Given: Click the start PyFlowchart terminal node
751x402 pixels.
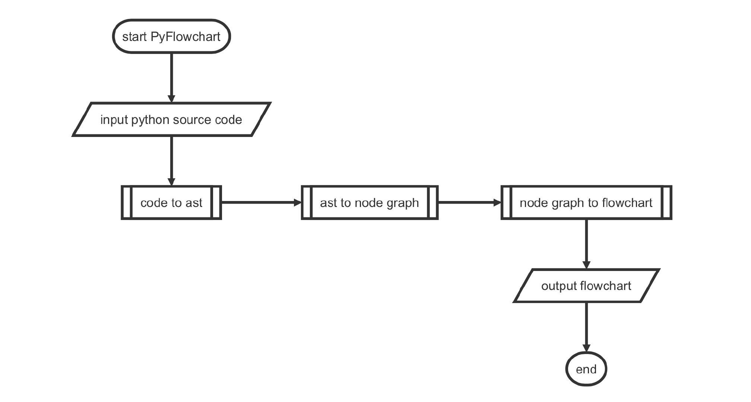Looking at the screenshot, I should tap(172, 36).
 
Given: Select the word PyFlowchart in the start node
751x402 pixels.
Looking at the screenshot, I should tap(186, 36).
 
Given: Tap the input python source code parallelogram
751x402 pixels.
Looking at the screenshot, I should tap(171, 119).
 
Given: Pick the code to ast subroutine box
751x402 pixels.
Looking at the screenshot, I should tap(171, 202).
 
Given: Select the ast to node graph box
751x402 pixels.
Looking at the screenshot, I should tap(370, 202).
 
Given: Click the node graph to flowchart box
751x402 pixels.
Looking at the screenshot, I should tap(586, 202).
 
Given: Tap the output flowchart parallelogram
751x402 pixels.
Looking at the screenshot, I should tap(586, 286).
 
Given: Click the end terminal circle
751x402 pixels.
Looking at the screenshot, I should tap(586, 369).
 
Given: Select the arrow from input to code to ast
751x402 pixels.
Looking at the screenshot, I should tap(171, 160).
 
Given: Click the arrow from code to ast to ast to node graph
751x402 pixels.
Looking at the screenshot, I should tap(261, 202).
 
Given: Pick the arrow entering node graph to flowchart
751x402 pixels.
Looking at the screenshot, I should tap(469, 202).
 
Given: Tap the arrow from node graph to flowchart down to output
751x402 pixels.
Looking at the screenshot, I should tap(586, 244).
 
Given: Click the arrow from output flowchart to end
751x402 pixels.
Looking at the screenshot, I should tap(586, 326).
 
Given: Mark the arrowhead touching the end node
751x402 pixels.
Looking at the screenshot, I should tap(586, 348).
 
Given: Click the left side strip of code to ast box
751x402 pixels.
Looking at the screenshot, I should tap(127, 202).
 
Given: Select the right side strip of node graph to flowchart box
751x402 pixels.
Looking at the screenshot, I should tap(667, 202).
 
